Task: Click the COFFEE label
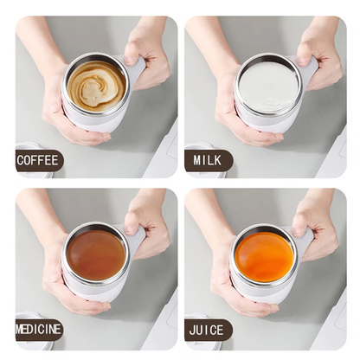(38, 159)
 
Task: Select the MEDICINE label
(39, 330)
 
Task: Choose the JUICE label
(208, 330)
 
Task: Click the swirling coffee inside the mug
(96, 86)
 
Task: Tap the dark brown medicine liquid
(96, 254)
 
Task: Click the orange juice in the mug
(265, 254)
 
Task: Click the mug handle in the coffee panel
(136, 69)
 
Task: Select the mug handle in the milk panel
(307, 69)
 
